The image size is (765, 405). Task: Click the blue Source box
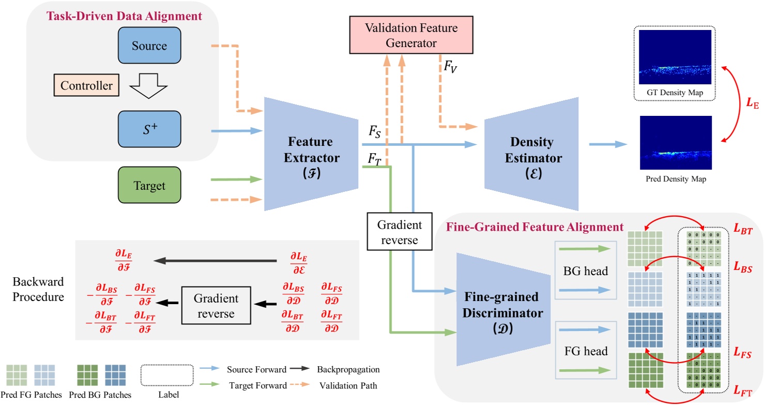149,46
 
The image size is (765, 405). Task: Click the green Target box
149,185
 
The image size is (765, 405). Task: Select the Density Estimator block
531,154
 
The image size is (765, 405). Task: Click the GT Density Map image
675,57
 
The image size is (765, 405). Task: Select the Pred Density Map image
675,143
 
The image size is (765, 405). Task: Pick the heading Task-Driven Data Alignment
124,16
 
